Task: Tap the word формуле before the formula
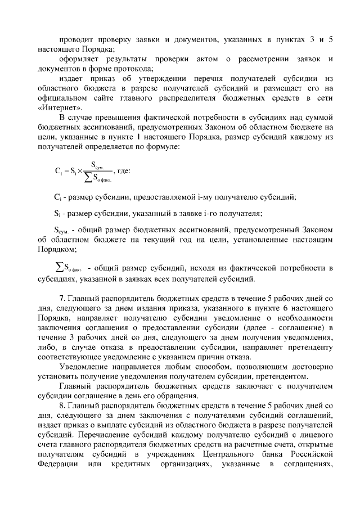[164, 146]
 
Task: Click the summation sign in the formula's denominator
[88, 179]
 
